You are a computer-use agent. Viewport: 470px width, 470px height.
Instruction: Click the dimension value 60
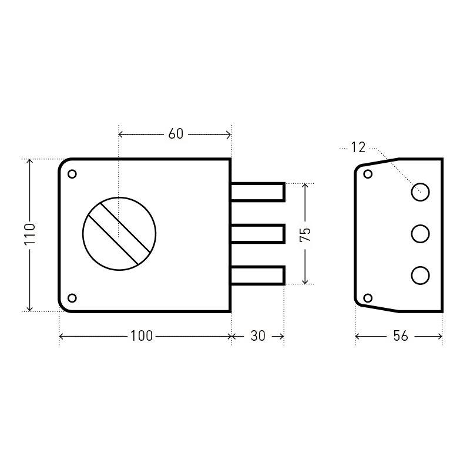(x=176, y=134)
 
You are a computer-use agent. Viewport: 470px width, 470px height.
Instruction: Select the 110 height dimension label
(x=30, y=234)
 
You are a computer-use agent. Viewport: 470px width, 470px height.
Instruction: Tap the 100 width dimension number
(x=142, y=336)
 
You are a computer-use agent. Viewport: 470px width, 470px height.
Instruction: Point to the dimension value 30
(x=258, y=336)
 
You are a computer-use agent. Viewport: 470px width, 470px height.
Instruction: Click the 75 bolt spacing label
(x=305, y=234)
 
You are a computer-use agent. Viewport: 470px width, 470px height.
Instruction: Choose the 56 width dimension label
(x=401, y=336)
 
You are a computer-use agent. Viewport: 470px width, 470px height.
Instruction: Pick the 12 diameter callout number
(x=358, y=147)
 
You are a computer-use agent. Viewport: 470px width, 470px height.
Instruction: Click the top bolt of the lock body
(x=257, y=192)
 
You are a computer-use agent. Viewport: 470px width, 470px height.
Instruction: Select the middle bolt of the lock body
(x=257, y=233)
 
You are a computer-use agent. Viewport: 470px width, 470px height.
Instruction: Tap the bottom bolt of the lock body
(x=257, y=275)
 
